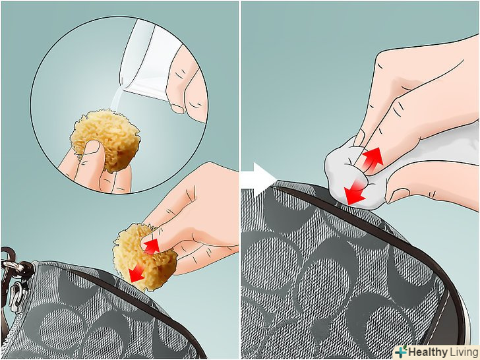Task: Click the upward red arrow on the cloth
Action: (372, 158)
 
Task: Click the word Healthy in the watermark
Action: (428, 351)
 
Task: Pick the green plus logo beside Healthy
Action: (401, 351)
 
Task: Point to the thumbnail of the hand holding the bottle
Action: (177, 108)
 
